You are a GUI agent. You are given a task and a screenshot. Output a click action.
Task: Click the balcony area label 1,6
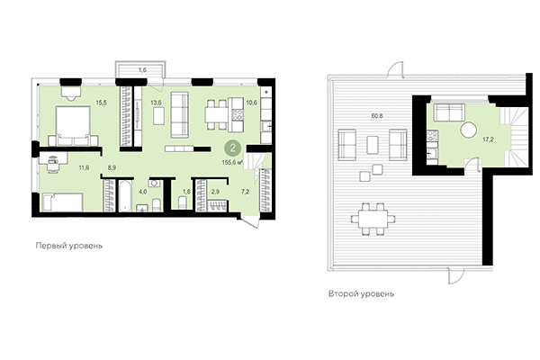[142, 69]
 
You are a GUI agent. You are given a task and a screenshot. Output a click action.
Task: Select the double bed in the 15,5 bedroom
[71, 123]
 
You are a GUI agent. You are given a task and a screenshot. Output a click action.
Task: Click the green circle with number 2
[232, 148]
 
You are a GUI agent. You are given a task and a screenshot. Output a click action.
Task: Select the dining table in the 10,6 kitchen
[214, 114]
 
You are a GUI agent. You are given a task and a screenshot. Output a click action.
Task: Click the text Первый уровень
[63, 246]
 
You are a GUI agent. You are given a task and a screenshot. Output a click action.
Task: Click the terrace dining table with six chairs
[371, 216]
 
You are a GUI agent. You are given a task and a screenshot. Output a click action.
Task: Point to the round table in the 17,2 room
[469, 131]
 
